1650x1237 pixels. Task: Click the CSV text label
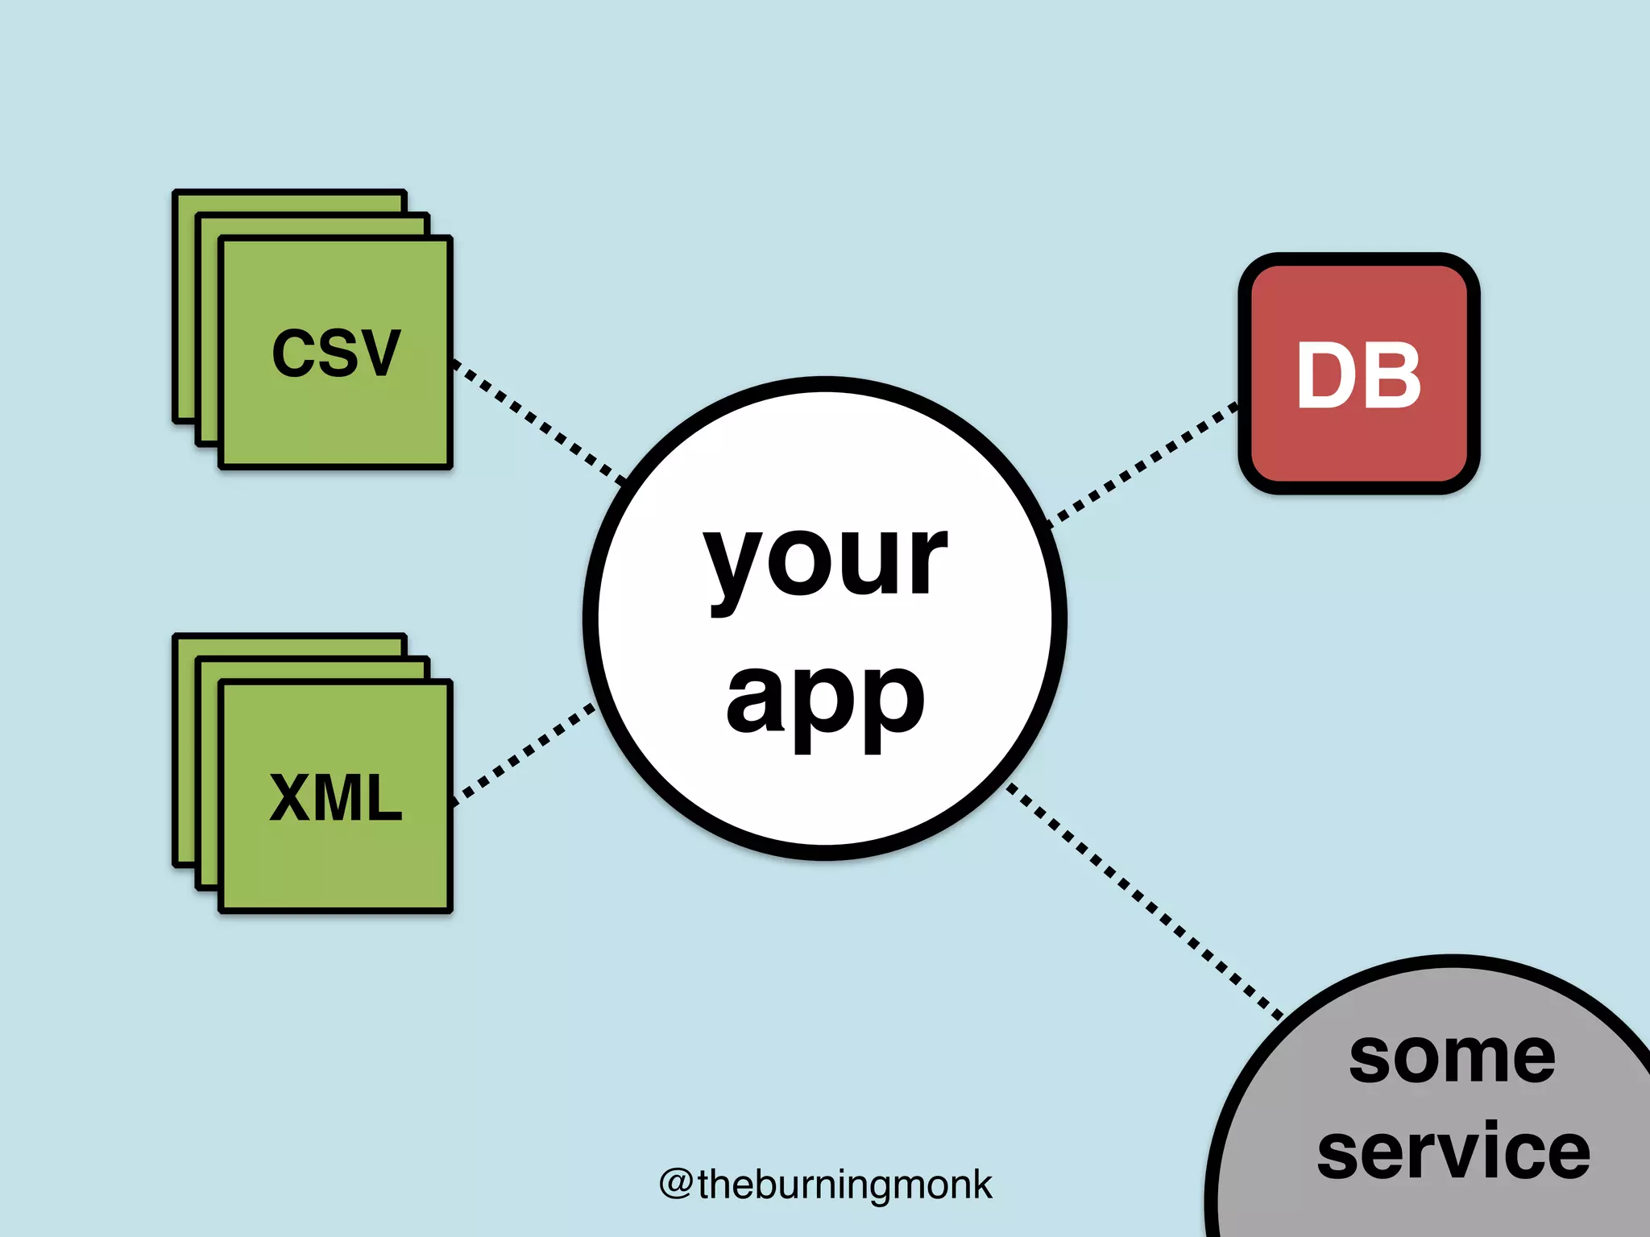click(x=335, y=353)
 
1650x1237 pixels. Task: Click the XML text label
click(x=335, y=797)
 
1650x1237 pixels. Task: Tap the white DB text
click(x=1358, y=375)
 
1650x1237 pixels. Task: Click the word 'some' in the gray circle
click(x=1452, y=1057)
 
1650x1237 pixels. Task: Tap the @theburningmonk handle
click(x=825, y=1185)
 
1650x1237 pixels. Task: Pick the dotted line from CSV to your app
click(x=538, y=424)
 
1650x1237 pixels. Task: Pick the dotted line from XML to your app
click(x=524, y=754)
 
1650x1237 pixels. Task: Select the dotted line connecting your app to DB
click(x=1144, y=464)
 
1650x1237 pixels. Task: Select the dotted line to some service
click(x=1144, y=899)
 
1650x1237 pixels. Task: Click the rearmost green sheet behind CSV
click(x=184, y=306)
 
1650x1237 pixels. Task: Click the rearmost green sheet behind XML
click(x=184, y=749)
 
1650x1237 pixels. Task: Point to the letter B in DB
click(x=1392, y=375)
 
